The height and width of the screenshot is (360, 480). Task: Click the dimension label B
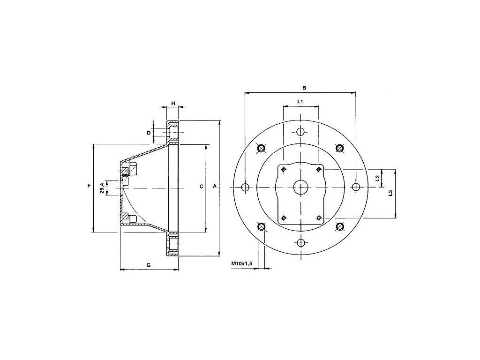304,88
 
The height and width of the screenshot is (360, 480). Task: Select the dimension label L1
300,101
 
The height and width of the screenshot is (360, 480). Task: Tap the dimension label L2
377,178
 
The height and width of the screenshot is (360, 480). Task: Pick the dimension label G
149,265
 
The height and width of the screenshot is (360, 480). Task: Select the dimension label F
89,186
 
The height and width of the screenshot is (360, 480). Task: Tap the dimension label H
173,103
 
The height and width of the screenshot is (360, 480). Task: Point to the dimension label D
149,133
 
